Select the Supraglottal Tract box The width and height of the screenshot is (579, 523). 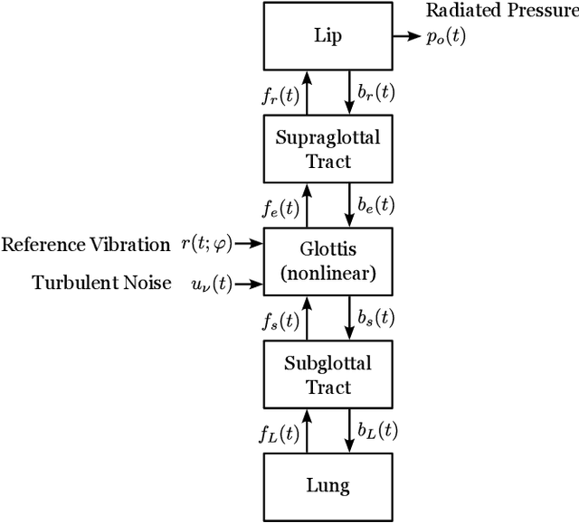point(327,149)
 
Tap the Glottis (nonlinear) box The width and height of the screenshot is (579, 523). point(327,261)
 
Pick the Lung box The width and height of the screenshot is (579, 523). point(327,485)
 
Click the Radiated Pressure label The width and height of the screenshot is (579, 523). point(501,12)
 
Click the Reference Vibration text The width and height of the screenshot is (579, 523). point(86,245)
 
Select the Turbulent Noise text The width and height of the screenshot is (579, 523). point(102,283)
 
